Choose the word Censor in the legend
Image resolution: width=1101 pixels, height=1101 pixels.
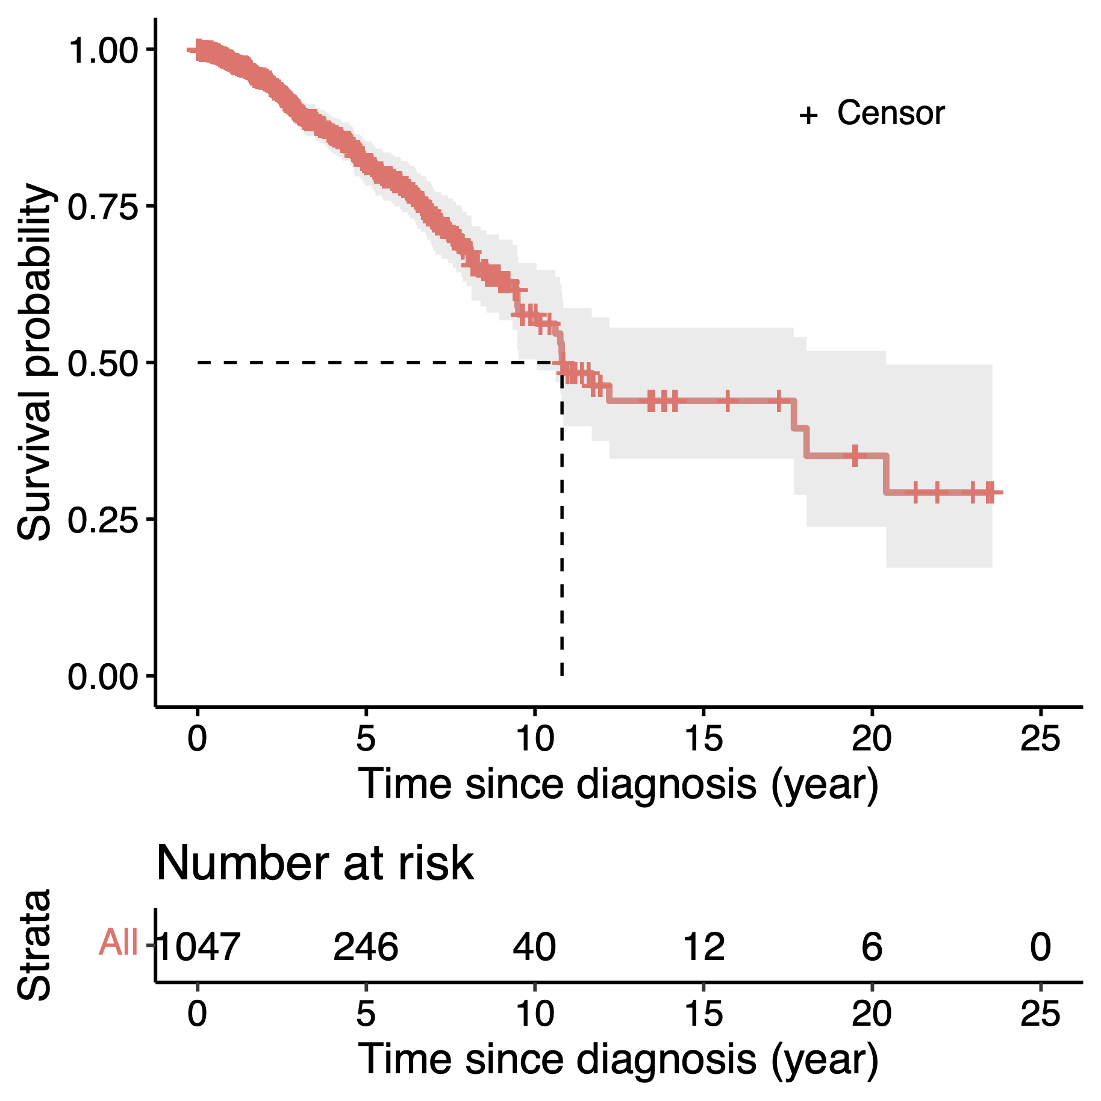(x=891, y=113)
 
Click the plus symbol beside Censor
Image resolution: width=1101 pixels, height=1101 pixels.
(x=808, y=114)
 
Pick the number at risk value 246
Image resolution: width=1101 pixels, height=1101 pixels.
(x=366, y=946)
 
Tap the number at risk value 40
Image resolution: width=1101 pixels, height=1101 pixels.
(x=534, y=946)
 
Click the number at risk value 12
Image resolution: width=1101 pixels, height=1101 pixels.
(x=703, y=946)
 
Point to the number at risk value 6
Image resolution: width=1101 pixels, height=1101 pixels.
(x=872, y=946)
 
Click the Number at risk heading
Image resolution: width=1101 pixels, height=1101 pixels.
(x=314, y=864)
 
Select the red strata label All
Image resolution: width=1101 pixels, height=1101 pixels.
(x=119, y=942)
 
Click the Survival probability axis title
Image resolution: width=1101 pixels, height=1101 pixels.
(x=35, y=361)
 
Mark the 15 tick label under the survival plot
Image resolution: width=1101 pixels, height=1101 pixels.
(x=703, y=738)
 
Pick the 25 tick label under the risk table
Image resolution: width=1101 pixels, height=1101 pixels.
(x=1040, y=1013)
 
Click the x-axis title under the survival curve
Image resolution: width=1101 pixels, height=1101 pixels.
(x=619, y=784)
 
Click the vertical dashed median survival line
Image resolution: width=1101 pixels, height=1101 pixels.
(x=562, y=542)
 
